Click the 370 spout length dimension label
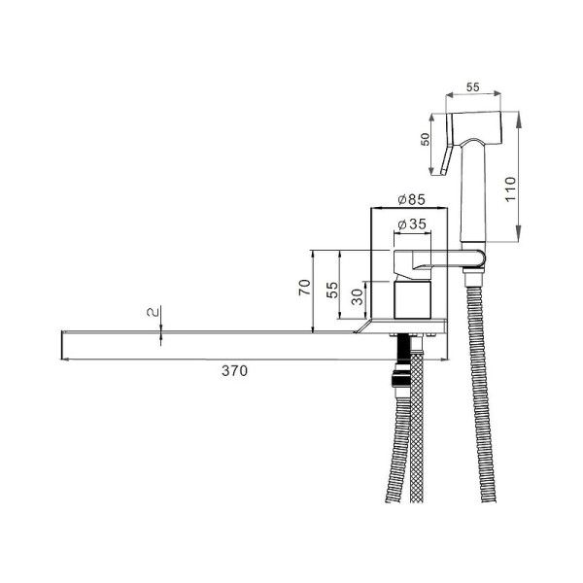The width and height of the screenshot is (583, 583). coord(234,371)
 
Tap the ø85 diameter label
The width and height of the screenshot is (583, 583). coord(411,199)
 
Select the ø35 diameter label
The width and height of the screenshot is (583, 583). coord(412,224)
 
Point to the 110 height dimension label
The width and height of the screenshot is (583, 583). coord(510,189)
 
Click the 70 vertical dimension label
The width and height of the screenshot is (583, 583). coord(305,288)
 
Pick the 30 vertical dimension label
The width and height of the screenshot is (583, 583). coord(358,296)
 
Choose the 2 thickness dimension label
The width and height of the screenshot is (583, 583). coord(153,312)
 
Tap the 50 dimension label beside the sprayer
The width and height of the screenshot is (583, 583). coord(425,139)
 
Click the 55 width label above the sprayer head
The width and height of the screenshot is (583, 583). coord(472,87)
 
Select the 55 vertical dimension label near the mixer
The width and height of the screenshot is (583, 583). coord(332,290)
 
